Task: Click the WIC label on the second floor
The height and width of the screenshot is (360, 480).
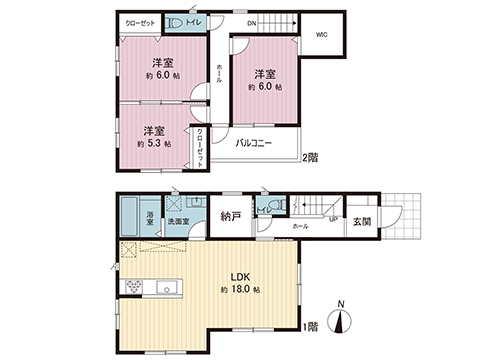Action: click(x=323, y=35)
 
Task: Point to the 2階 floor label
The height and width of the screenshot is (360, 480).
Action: click(x=312, y=157)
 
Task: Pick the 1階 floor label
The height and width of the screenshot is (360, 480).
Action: click(x=312, y=326)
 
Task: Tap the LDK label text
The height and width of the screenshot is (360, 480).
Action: click(x=240, y=275)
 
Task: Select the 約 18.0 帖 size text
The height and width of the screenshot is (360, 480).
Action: click(x=240, y=289)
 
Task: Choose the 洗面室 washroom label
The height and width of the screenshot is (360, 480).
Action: click(x=177, y=221)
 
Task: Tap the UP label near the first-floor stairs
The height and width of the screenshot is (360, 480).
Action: click(x=332, y=220)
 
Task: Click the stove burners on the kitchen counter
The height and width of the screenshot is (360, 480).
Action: click(x=133, y=287)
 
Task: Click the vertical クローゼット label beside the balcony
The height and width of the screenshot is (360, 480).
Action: click(x=200, y=147)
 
